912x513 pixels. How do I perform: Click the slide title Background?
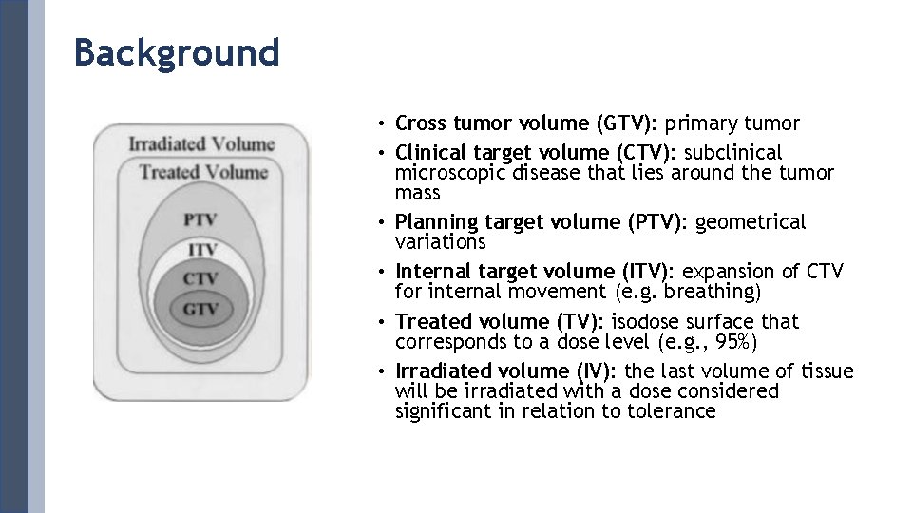pyautogui.click(x=177, y=52)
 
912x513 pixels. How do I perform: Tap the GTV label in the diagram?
pyautogui.click(x=200, y=309)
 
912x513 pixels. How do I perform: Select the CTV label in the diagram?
pyautogui.click(x=200, y=278)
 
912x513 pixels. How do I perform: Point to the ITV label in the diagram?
pyautogui.click(x=201, y=249)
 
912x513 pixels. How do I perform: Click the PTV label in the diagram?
pyautogui.click(x=200, y=219)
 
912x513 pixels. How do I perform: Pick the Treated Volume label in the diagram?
pyautogui.click(x=203, y=172)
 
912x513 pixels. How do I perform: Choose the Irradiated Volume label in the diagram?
pyautogui.click(x=201, y=144)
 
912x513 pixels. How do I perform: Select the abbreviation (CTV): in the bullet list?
pyautogui.click(x=646, y=153)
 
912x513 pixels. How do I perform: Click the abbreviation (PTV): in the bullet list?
pyautogui.click(x=658, y=222)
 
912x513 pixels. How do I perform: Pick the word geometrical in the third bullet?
pyautogui.click(x=750, y=222)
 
